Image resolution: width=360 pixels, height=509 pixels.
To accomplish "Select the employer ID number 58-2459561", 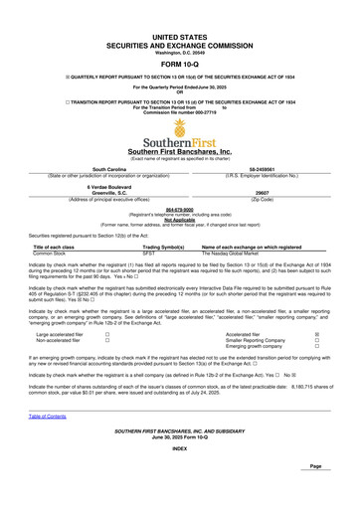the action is click(270, 170).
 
